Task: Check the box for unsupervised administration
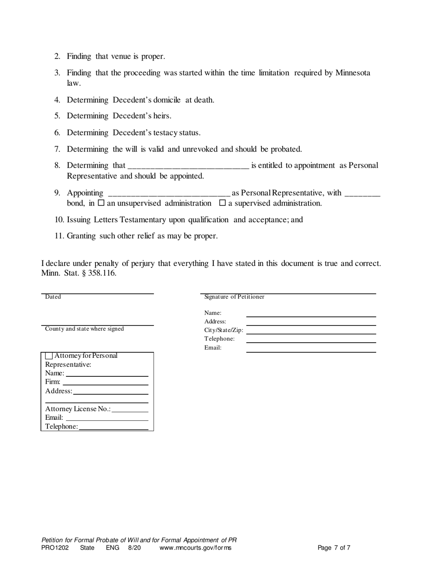point(101,203)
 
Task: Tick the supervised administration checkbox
point(222,203)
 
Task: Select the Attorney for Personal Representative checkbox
point(49,356)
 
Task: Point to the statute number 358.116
point(102,273)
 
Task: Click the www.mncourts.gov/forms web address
point(195,548)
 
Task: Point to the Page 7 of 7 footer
point(334,548)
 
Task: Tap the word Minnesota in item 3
point(353,73)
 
